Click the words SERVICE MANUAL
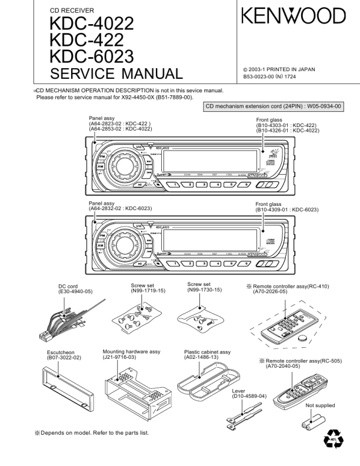pyautogui.click(x=116, y=74)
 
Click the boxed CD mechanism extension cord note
pyautogui.click(x=274, y=107)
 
